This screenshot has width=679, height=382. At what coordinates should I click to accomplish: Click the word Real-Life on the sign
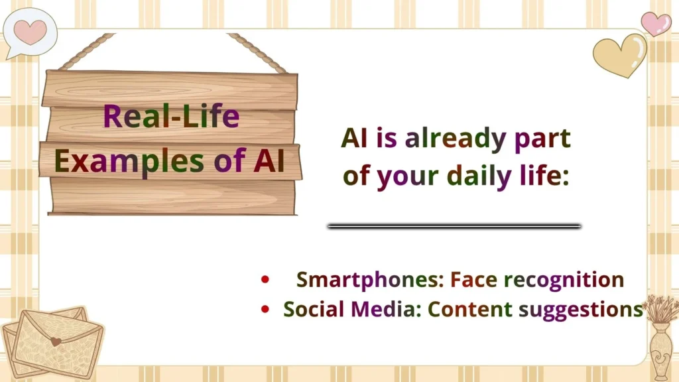pos(171,117)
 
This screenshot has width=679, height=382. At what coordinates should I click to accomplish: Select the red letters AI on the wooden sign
pos(269,160)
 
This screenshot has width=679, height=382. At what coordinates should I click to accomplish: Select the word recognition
pos(564,279)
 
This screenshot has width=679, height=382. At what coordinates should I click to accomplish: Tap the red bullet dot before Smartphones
pos(266,280)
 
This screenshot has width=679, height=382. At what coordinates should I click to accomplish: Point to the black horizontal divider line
pos(454,226)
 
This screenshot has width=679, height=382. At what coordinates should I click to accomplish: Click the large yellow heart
pos(619,54)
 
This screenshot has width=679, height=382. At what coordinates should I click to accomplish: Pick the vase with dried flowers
pos(661,345)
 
